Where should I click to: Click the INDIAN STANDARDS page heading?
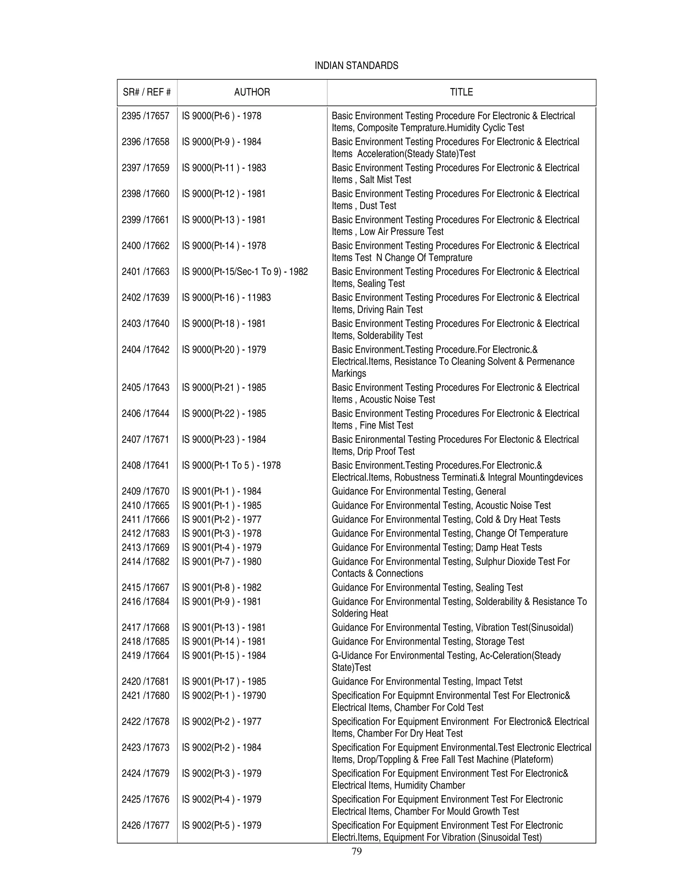coord(356,66)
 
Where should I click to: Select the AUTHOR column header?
coord(252,92)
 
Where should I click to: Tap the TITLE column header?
coord(461,92)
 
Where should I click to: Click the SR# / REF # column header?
coord(147,92)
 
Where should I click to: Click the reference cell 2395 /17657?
coord(145,116)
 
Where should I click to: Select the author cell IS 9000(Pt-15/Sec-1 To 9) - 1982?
coord(245,272)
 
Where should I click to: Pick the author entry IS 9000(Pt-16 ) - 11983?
coord(226,298)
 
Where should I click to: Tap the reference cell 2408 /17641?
coord(145,465)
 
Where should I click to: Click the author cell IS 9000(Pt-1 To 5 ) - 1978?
coord(231,465)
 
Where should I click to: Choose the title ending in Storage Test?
coord(428,641)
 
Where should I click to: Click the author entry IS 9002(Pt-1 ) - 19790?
coord(224,696)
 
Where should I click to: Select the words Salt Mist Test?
coord(385,180)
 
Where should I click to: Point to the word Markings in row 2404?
coord(349,373)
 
